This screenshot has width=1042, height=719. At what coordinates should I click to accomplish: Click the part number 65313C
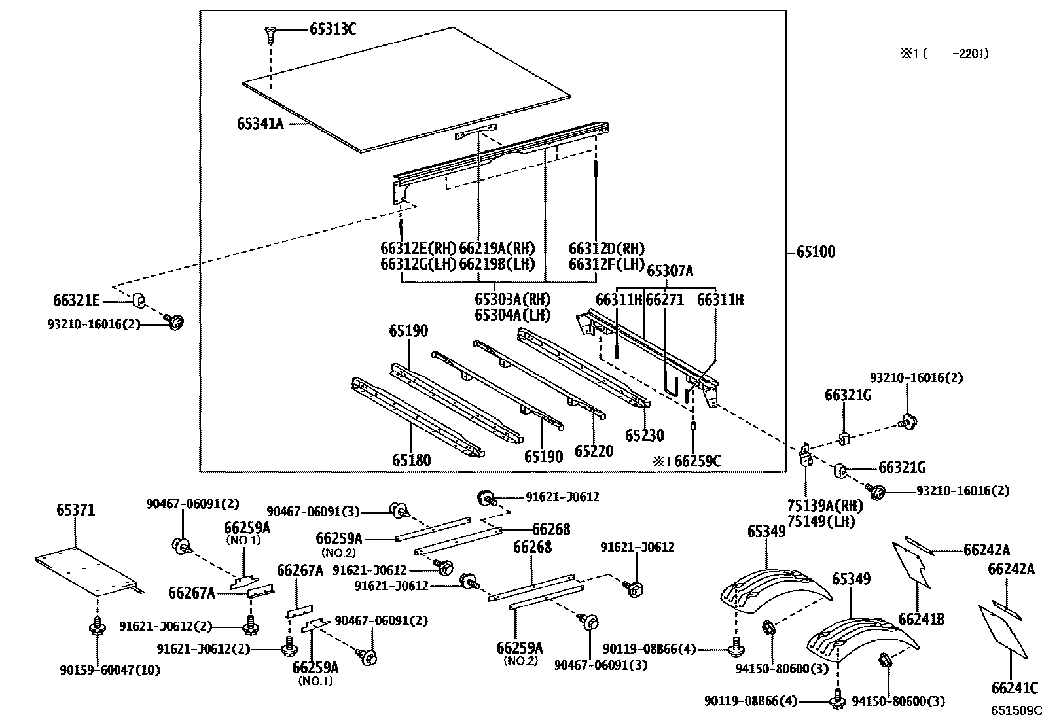coord(332,29)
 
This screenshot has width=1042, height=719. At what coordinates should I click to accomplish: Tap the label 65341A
coord(260,123)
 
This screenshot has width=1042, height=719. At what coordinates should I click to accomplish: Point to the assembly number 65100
coord(816,252)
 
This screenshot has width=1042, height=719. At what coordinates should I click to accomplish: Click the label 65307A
coord(670,271)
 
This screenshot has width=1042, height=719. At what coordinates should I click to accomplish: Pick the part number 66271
coord(664,300)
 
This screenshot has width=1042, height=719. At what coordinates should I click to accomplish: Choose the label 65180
coord(412,460)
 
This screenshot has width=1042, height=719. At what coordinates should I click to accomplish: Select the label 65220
coord(594,451)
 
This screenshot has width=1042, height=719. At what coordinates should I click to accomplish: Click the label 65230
coord(645,436)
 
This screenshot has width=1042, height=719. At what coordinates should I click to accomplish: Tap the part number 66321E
coord(76,300)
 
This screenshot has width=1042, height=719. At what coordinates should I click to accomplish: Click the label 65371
coord(75,510)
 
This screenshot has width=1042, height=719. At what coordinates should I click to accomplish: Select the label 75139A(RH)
coord(824,506)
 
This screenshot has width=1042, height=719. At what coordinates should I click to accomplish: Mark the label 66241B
coord(921,618)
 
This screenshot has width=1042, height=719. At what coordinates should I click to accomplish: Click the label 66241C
coord(1015,688)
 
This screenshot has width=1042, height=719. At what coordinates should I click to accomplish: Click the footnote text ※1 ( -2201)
coord(944,54)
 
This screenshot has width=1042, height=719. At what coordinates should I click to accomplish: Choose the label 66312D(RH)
coord(607,249)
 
